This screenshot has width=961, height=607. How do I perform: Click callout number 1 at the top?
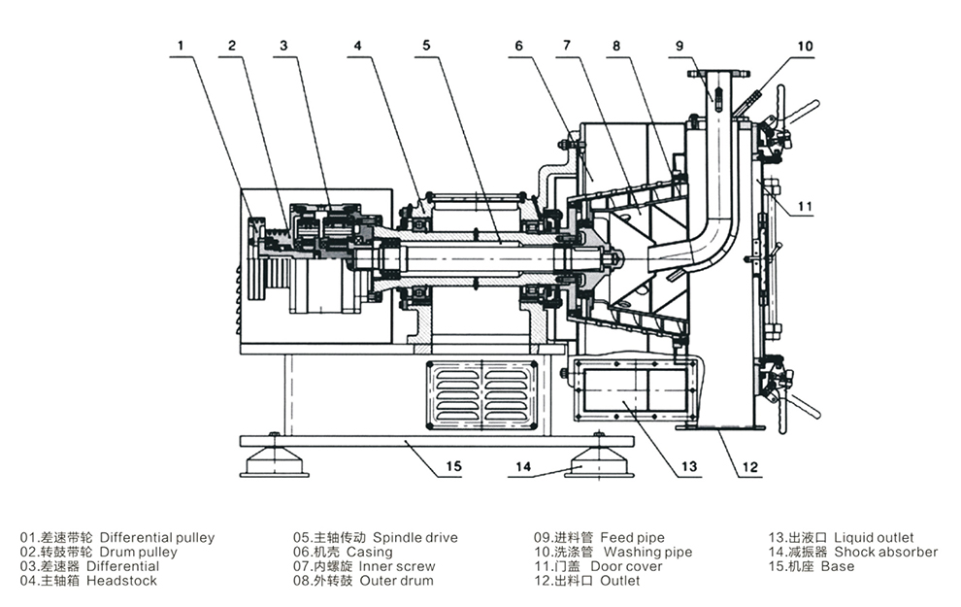pyautogui.click(x=181, y=46)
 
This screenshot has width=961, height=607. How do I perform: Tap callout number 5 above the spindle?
pyautogui.click(x=426, y=46)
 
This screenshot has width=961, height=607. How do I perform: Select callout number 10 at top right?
pyautogui.click(x=805, y=47)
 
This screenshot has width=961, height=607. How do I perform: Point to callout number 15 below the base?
pyautogui.click(x=453, y=466)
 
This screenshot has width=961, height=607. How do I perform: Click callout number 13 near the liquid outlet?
pyautogui.click(x=689, y=466)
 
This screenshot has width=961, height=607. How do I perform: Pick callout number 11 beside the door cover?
pyautogui.click(x=805, y=206)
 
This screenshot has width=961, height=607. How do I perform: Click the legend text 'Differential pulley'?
pyautogui.click(x=157, y=538)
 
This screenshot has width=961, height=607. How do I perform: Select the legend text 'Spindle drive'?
pyautogui.click(x=414, y=538)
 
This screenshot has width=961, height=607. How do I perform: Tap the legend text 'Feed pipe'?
pyautogui.click(x=632, y=538)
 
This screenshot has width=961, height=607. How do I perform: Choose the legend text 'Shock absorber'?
pyautogui.click(x=885, y=552)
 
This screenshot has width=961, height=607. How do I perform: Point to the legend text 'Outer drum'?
pyautogui.click(x=396, y=581)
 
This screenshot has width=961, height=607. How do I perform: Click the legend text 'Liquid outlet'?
pyautogui.click(x=874, y=538)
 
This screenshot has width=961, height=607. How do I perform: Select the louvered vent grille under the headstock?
pyautogui.click(x=481, y=395)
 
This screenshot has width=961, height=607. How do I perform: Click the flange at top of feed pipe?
pyautogui.click(x=718, y=73)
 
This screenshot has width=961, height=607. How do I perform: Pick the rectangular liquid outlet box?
pyautogui.click(x=635, y=389)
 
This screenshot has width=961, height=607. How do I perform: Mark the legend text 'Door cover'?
pyautogui.click(x=626, y=566)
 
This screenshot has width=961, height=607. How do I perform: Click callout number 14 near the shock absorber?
pyautogui.click(x=523, y=466)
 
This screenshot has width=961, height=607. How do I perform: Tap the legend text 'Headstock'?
pyautogui.click(x=121, y=581)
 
